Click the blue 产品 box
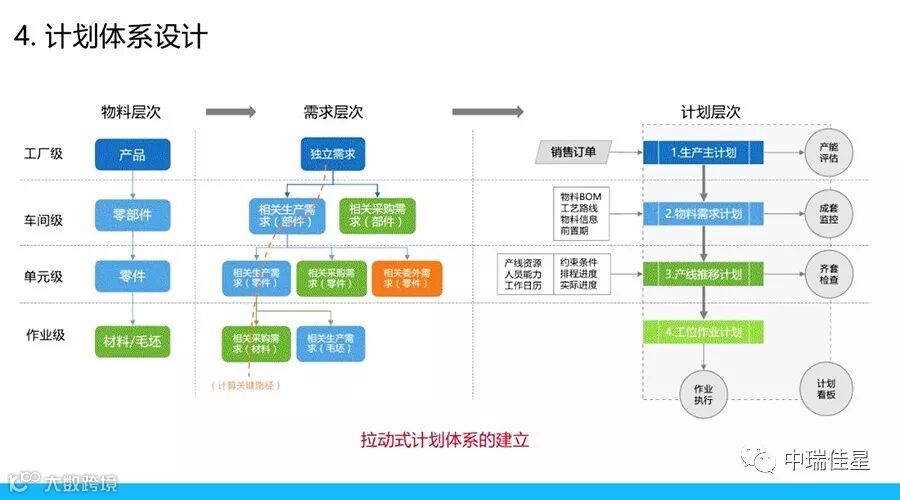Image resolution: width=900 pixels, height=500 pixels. pyautogui.click(x=132, y=154)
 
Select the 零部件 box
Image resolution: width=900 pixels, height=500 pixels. pyautogui.click(x=132, y=214)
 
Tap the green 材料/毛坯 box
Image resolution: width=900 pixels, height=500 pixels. pyautogui.click(x=132, y=341)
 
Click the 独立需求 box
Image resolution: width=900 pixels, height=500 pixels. pyautogui.click(x=333, y=154)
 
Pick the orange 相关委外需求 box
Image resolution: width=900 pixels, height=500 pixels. pyautogui.click(x=407, y=278)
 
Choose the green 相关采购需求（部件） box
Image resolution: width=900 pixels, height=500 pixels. pyautogui.click(x=377, y=214)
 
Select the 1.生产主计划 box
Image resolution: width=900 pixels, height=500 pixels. pyautogui.click(x=703, y=152)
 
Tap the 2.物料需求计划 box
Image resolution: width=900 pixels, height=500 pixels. pyautogui.click(x=703, y=213)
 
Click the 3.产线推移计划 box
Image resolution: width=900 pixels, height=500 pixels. pyautogui.click(x=703, y=273)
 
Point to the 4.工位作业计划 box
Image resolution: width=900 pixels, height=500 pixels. pyautogui.click(x=703, y=332)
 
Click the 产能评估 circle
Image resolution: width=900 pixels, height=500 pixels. pyautogui.click(x=828, y=152)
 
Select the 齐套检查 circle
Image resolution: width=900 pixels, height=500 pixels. pyautogui.click(x=828, y=273)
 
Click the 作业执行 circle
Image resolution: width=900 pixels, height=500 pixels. pyautogui.click(x=703, y=393)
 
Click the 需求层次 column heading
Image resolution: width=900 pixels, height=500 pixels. pyautogui.click(x=332, y=112)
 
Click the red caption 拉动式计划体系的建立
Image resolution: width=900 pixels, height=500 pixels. pyautogui.click(x=444, y=440)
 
